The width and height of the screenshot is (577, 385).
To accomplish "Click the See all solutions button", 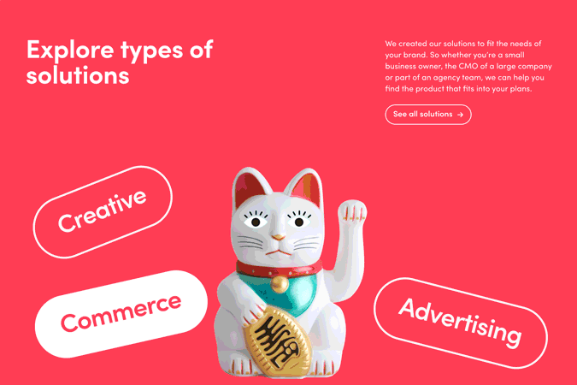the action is pos(428,115).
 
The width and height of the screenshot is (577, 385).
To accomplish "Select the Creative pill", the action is pos(103,212).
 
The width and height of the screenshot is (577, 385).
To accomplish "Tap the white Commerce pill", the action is pos(121,314).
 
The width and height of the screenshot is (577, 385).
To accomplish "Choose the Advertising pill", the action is pos(461,323).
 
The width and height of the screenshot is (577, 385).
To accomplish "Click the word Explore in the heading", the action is pos(70,50).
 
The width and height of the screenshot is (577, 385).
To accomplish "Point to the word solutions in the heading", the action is pos(78,75).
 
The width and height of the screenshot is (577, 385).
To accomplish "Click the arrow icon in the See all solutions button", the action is pos(460,115).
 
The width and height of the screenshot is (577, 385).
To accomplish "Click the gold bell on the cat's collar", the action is pos(280,284).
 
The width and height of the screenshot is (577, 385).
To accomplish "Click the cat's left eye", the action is pos(256,222).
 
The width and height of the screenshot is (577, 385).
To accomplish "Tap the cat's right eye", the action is pos(299,222).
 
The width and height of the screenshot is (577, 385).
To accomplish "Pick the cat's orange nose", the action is pos(279,237).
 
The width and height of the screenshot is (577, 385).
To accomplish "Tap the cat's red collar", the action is pos(279,270).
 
